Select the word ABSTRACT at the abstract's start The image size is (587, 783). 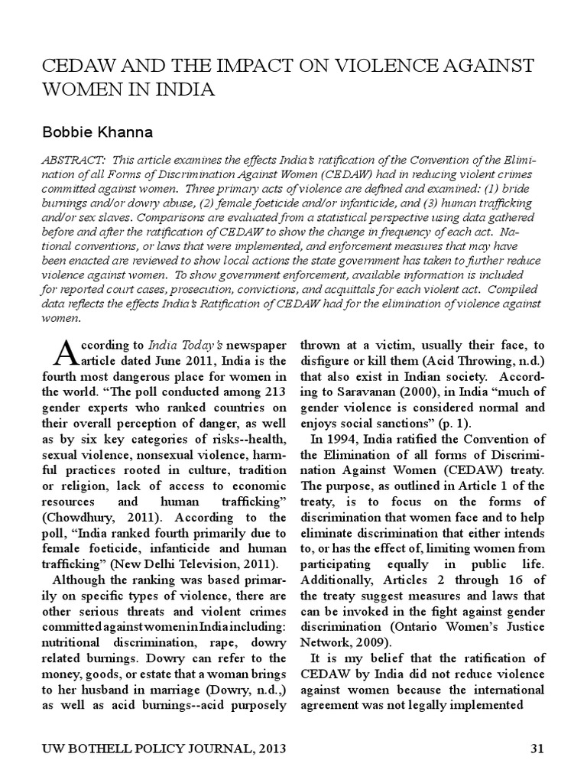(x=70, y=163)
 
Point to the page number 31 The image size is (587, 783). (x=537, y=749)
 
